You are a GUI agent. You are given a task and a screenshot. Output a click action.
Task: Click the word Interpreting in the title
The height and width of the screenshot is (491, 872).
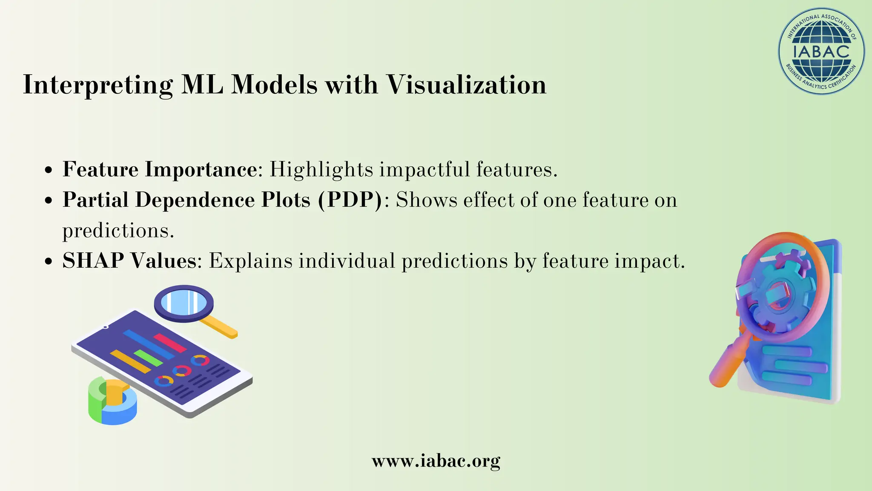point(98,85)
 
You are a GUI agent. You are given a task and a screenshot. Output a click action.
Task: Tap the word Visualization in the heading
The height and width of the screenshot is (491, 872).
point(466,84)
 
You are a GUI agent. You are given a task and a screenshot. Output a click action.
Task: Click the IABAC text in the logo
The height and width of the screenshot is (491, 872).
point(821,52)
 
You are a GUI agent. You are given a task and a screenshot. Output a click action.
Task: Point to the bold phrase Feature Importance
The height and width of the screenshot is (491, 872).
point(160,169)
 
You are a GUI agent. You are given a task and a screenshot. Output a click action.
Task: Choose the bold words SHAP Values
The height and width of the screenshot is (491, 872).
point(129,260)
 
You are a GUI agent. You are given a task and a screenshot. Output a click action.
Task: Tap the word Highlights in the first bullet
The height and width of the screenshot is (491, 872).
point(321,169)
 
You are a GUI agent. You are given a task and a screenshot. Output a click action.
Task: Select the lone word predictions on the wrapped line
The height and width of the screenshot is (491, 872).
point(118,231)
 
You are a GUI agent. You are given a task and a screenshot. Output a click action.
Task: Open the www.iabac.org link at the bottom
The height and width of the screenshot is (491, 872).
point(436,461)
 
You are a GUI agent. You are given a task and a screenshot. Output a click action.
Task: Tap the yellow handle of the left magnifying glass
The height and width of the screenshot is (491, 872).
point(219,327)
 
